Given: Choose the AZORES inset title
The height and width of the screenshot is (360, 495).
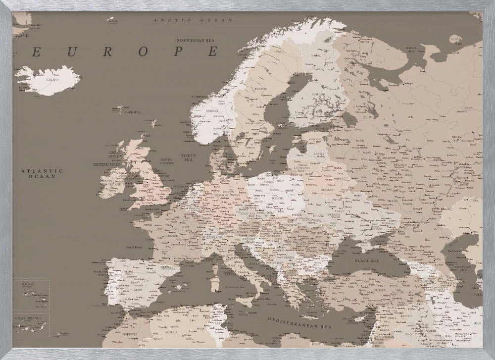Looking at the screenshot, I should (x=24, y=285).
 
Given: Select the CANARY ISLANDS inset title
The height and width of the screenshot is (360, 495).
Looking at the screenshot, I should (x=27, y=318).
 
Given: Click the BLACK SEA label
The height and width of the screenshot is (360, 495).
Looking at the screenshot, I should (x=365, y=259).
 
